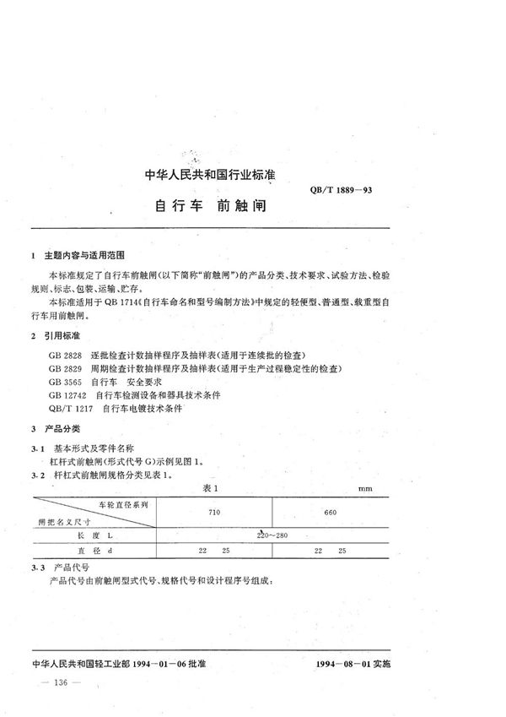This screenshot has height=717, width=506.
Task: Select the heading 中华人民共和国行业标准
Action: [212, 176]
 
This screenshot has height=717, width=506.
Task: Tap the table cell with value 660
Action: [330, 513]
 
